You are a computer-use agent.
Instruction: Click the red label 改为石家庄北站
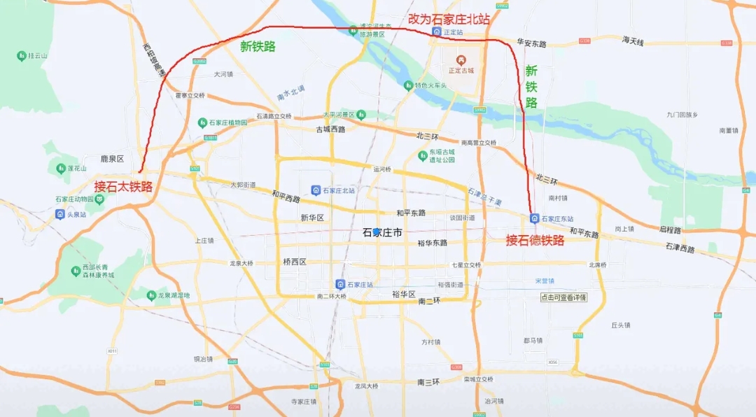449,20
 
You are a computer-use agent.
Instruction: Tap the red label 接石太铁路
123,187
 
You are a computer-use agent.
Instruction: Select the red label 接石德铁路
535,240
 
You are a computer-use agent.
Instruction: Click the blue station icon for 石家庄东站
535,218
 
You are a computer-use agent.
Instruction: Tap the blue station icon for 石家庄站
340,284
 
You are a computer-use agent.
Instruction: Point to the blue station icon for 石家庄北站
316,190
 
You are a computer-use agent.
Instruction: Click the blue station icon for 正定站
436,32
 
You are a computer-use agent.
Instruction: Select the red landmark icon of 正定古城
461,60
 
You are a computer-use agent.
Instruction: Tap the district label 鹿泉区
112,159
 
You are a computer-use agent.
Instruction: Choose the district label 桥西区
295,262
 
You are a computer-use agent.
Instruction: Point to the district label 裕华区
404,294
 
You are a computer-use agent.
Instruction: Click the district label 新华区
311,218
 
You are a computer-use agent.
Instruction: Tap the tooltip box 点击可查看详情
563,297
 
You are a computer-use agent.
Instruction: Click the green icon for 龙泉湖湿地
151,296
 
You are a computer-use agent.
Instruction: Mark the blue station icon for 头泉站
60,213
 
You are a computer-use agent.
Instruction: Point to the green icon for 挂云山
21,55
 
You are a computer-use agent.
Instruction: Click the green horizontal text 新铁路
258,47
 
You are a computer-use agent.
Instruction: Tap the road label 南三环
428,382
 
